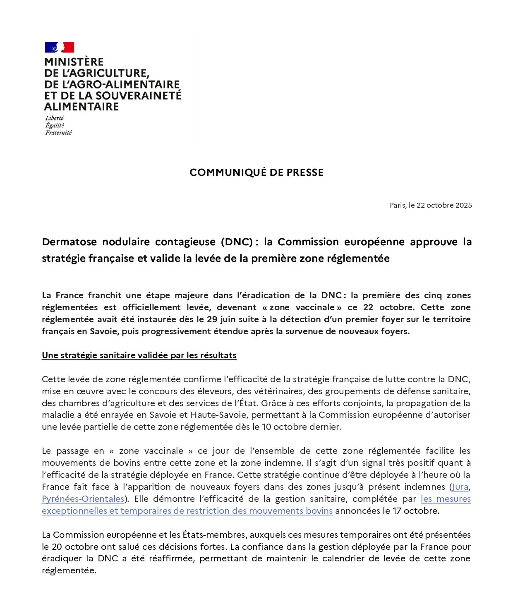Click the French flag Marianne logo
60,47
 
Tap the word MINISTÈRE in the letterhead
74,62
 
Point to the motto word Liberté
54,118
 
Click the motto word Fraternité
58,133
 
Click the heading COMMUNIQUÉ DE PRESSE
256,173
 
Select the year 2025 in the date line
463,205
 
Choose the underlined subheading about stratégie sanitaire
139,355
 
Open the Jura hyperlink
460,487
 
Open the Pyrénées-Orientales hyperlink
83,499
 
